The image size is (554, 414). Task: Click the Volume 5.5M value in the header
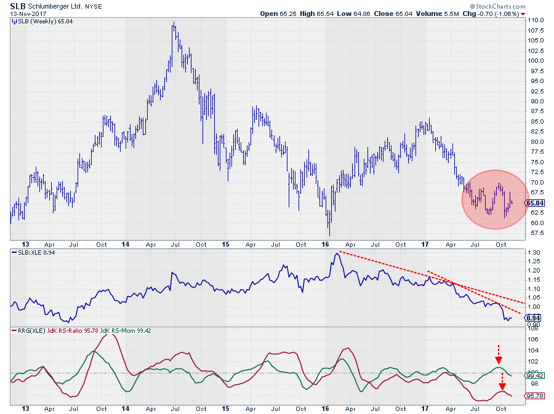point(452,14)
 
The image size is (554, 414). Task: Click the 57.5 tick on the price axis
point(534,233)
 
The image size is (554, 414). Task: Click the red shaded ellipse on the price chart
point(495,199)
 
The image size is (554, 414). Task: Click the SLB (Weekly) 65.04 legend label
point(38,21)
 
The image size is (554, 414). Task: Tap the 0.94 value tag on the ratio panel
point(534,317)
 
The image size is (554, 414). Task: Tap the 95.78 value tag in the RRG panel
point(535,396)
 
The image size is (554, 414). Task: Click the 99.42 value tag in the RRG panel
point(535,375)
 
